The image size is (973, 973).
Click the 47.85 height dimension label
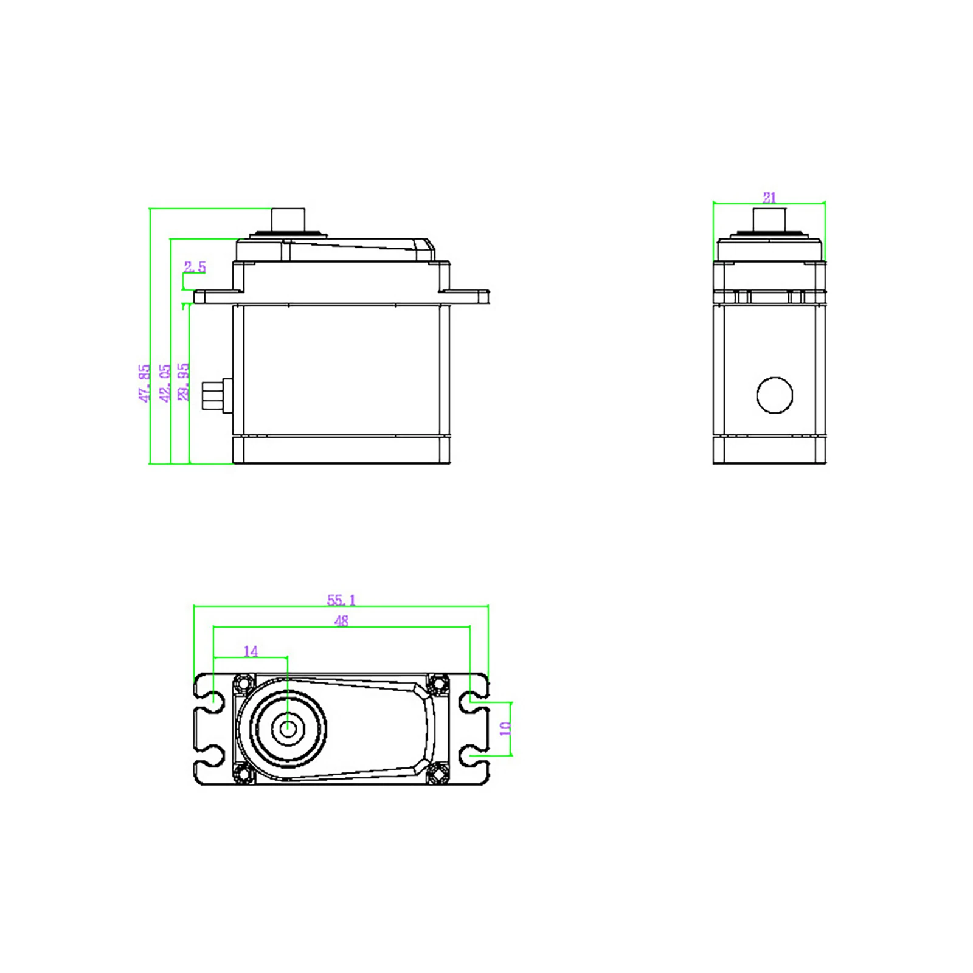tap(144, 383)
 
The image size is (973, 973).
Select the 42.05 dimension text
tap(165, 383)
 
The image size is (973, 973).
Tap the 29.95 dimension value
tap(184, 382)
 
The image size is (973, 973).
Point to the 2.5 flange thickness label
tap(195, 267)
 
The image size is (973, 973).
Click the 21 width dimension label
tap(769, 198)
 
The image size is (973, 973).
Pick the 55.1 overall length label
tap(341, 600)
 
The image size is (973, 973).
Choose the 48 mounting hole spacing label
tap(341, 621)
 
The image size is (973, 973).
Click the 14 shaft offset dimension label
tap(251, 651)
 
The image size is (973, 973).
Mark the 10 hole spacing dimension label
tap(505, 729)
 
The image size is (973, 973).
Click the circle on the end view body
tap(774, 395)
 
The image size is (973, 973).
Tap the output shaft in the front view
tap(288, 219)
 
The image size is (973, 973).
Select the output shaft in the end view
tap(769, 219)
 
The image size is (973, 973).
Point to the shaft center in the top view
tap(288, 726)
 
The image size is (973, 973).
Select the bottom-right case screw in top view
tap(437, 774)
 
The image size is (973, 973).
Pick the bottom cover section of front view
tap(341, 450)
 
